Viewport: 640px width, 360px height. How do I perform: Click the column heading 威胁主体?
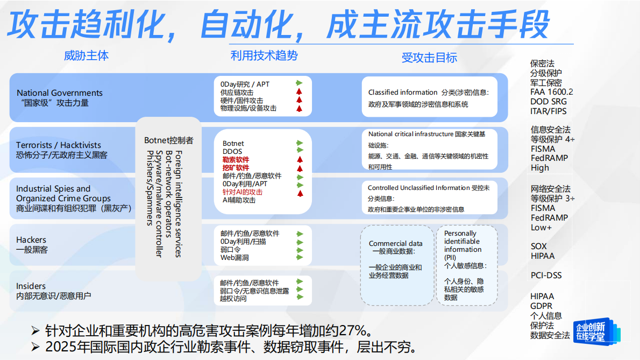tap(86, 55)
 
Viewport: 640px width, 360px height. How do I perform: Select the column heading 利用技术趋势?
tap(264, 55)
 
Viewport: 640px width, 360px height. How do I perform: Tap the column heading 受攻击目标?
tap(429, 58)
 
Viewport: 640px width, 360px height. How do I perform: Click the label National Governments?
tap(60, 93)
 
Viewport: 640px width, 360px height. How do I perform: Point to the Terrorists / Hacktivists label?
tap(59, 145)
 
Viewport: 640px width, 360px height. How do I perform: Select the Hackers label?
tap(31, 240)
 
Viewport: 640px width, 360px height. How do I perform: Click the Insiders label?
tap(31, 286)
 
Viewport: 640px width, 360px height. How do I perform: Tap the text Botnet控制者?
tap(169, 140)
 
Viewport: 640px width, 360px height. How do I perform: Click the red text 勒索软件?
tap(236, 160)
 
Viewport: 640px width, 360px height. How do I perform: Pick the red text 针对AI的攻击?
tap(243, 192)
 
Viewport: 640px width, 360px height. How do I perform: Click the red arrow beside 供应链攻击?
tap(299, 92)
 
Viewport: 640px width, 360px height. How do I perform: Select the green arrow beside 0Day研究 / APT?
tap(299, 83)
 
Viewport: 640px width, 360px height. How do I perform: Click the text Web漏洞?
tap(234, 258)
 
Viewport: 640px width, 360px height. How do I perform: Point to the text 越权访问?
tap(233, 299)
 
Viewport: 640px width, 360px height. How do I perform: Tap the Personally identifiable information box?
tap(466, 265)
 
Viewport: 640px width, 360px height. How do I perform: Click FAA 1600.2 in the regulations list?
tap(552, 92)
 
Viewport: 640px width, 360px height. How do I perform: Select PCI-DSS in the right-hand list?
tap(546, 276)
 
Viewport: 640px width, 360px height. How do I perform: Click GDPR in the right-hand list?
tap(541, 306)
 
